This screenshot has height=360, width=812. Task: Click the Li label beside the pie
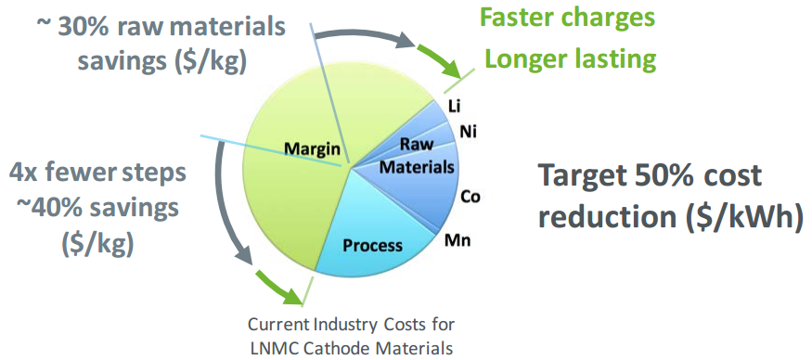(454, 106)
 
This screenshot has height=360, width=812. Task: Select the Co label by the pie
(470, 197)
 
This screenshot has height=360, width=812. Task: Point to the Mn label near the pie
(459, 240)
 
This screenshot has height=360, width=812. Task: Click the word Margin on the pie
(313, 149)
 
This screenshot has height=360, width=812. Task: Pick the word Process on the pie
(372, 244)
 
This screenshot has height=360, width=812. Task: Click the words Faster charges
(568, 19)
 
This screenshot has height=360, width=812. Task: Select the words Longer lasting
(570, 59)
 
